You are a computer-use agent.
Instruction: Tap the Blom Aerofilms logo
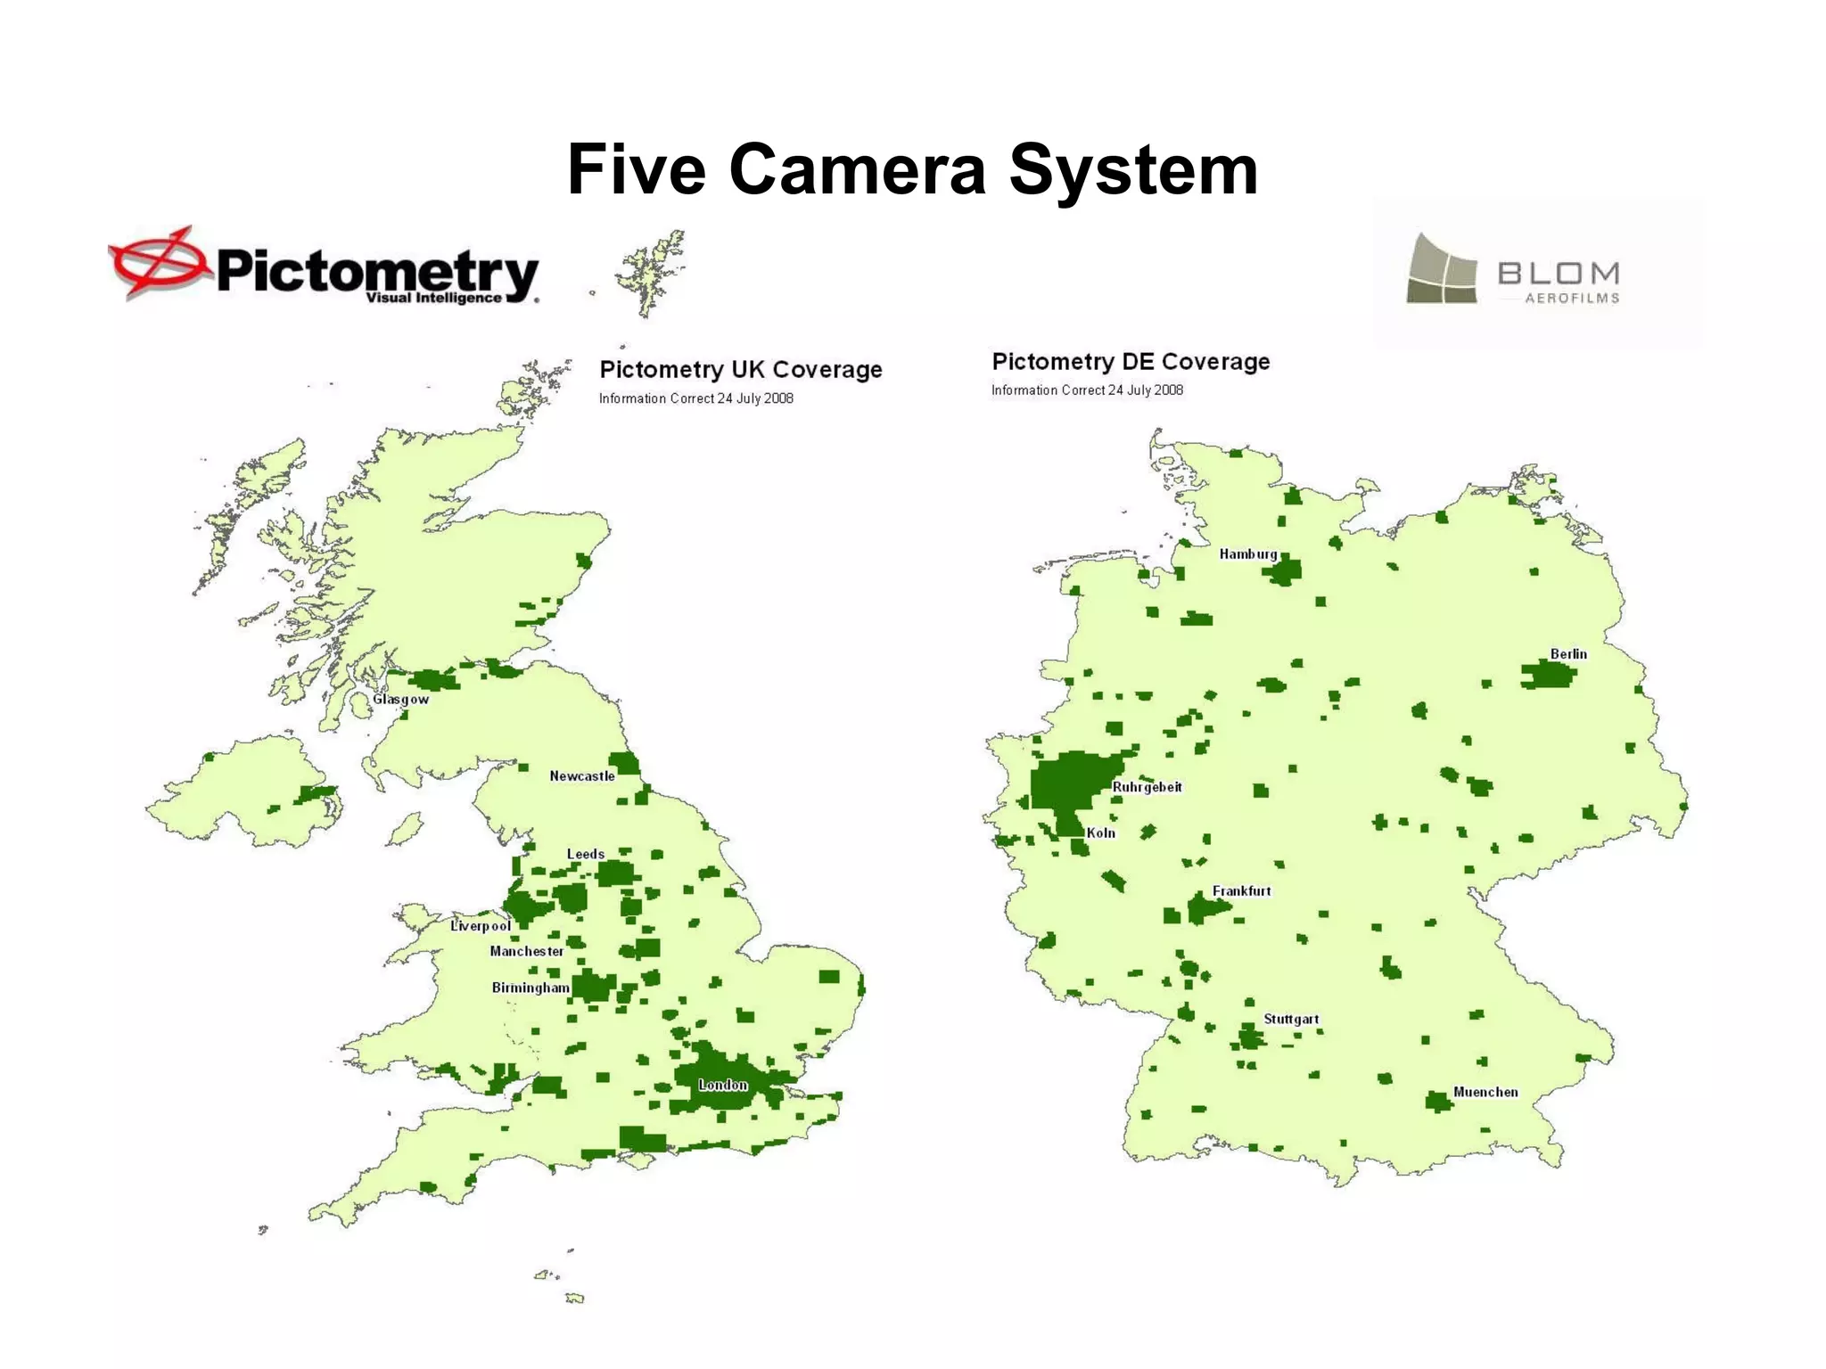tap(1513, 270)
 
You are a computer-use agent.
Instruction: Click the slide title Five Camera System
tap(912, 169)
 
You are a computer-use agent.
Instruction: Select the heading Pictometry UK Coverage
tap(740, 369)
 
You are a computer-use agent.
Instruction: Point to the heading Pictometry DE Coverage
tap(1131, 361)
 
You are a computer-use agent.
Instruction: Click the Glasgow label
tap(400, 699)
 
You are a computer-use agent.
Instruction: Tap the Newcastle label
tap(582, 776)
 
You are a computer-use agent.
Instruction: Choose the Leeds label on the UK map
tap(586, 854)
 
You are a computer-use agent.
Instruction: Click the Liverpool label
tap(481, 926)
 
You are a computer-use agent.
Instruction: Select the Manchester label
tap(527, 951)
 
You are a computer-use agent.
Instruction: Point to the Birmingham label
tap(531, 988)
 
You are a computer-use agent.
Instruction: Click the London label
tap(723, 1085)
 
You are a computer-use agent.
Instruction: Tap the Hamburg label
tap(1248, 554)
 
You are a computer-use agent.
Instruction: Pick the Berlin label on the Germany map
tap(1568, 654)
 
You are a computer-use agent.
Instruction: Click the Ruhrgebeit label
tap(1147, 787)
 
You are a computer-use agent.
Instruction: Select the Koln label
tap(1101, 832)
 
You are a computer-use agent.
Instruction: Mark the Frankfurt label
tap(1242, 891)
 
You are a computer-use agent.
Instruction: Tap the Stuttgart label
tap(1291, 1019)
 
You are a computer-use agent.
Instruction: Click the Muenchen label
tap(1485, 1092)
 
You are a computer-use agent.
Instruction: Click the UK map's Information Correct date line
tap(695, 398)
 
